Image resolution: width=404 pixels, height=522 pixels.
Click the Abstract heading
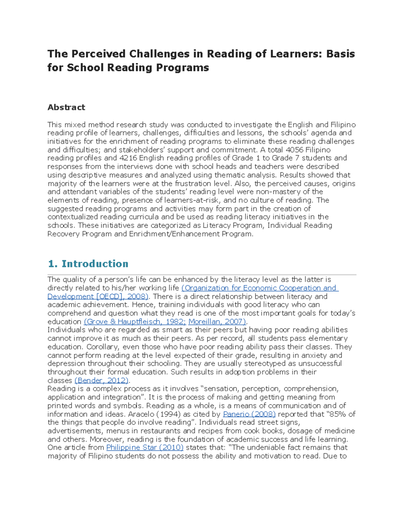coord(66,107)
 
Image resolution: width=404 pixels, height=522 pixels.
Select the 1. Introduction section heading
coord(88,264)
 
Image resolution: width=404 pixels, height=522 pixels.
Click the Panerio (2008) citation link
coord(249,414)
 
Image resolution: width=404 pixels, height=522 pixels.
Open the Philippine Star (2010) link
coord(145,447)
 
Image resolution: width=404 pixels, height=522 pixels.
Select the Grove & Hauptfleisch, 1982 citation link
coord(135,322)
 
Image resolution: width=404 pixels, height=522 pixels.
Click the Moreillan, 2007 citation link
coord(217,322)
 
